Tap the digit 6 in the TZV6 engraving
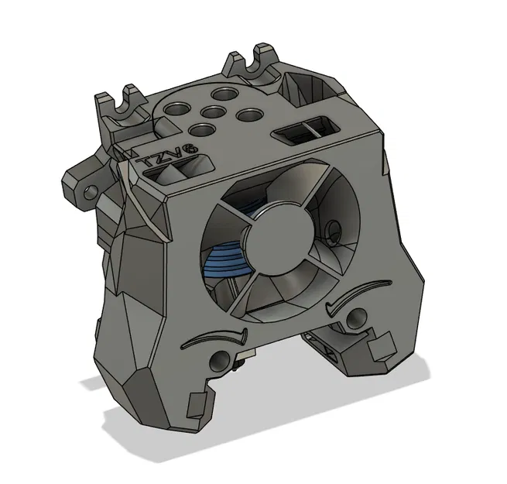(x=189, y=146)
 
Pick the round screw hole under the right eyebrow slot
(x=357, y=318)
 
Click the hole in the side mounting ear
(x=92, y=188)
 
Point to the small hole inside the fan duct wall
(x=334, y=228)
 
